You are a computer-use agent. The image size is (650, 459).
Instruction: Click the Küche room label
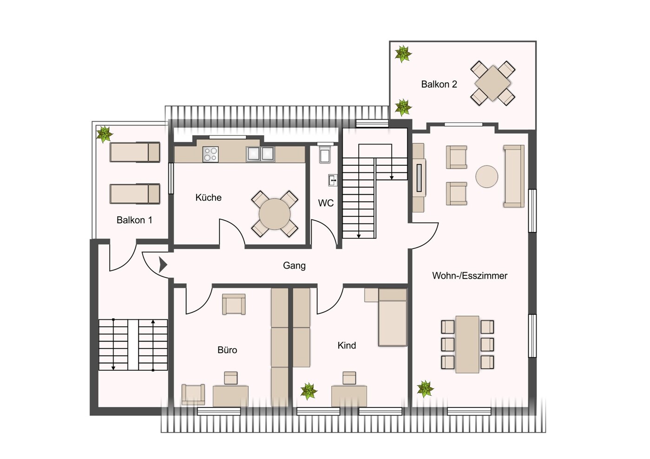[x=208, y=197]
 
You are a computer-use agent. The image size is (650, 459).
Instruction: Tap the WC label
[x=326, y=203]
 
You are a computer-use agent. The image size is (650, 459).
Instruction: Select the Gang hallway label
[x=294, y=265]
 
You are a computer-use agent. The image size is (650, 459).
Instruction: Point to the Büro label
[x=227, y=350]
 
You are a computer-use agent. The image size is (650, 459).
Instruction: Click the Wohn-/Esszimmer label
[x=469, y=275]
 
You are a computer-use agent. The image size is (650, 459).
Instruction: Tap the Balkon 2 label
[x=439, y=84]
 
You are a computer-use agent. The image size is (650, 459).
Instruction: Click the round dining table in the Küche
[x=275, y=214]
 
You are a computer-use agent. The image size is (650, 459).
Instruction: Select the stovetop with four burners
[x=210, y=154]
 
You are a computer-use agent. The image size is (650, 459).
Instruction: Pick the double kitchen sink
[x=260, y=154]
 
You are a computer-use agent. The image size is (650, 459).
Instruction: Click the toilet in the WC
[x=325, y=154]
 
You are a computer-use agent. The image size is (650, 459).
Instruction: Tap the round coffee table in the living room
[x=486, y=177]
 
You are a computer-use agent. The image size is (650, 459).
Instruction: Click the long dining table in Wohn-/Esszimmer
[x=467, y=344]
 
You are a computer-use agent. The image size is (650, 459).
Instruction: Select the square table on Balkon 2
[x=492, y=84]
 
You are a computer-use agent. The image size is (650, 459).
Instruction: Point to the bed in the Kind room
[x=392, y=317]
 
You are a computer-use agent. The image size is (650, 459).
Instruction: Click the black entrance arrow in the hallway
[x=163, y=265]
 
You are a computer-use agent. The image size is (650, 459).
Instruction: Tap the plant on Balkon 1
[x=104, y=134]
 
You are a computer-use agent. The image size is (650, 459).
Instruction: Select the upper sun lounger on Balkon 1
[x=135, y=152]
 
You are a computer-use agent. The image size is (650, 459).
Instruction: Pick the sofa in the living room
[x=514, y=176]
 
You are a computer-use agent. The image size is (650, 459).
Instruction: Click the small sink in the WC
[x=333, y=180]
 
